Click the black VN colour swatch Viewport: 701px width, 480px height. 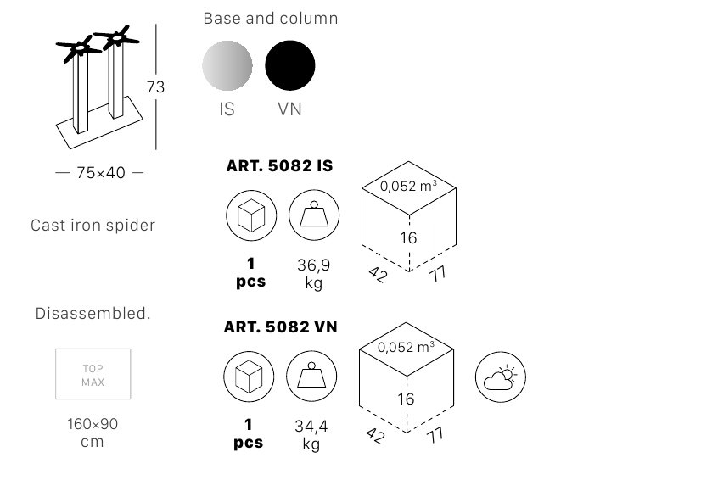tap(290, 65)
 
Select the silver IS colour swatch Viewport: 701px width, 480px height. tap(227, 65)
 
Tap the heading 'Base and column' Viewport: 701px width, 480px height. tap(271, 19)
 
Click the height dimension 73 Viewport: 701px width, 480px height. tap(155, 87)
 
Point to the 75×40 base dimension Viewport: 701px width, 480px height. tap(101, 172)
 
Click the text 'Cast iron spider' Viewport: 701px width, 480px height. tap(93, 226)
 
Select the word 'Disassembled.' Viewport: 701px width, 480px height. tap(93, 313)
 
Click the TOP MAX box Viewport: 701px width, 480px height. tap(93, 374)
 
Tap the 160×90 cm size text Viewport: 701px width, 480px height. tap(93, 433)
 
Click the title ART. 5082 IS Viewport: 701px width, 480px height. tap(279, 166)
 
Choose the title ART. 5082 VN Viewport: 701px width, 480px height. tap(280, 327)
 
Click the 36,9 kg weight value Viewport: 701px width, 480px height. tap(314, 274)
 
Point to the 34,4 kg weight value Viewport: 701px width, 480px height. tap(311, 435)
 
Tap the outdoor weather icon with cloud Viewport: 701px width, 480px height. tap(501, 377)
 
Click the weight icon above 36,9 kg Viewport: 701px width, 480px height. tap(314, 215)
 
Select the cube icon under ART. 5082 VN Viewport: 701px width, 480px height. tap(249, 377)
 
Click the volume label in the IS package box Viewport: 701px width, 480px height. tap(408, 186)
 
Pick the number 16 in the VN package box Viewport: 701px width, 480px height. tap(406, 399)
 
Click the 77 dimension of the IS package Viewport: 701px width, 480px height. tap(438, 274)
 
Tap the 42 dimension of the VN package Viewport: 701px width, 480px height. tap(375, 435)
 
